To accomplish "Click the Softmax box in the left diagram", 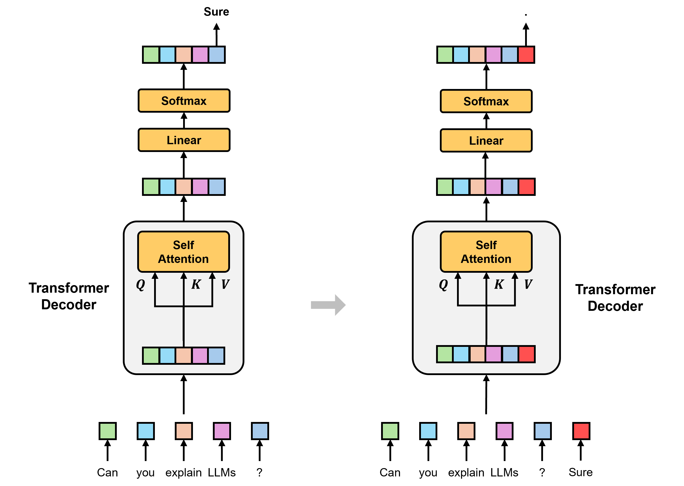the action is click(x=184, y=101).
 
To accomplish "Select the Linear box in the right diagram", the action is click(x=486, y=140).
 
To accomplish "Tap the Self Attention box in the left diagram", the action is click(x=184, y=252).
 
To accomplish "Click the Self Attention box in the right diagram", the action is click(x=486, y=252).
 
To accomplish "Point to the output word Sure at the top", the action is click(x=216, y=12).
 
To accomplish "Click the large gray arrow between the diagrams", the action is click(x=328, y=305).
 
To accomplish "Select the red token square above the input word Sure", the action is click(x=581, y=431).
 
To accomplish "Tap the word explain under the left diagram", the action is click(x=184, y=473).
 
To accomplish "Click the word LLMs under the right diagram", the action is click(x=504, y=473).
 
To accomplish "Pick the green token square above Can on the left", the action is click(x=107, y=431).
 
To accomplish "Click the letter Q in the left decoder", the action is click(x=140, y=285).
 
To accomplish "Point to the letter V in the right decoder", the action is click(x=528, y=284).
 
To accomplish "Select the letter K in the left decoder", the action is click(x=196, y=284).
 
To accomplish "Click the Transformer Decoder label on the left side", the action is click(x=69, y=296).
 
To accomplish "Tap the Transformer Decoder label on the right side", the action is click(x=615, y=298).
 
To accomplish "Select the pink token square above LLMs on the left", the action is click(x=222, y=431).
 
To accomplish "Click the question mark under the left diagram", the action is click(x=260, y=473).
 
